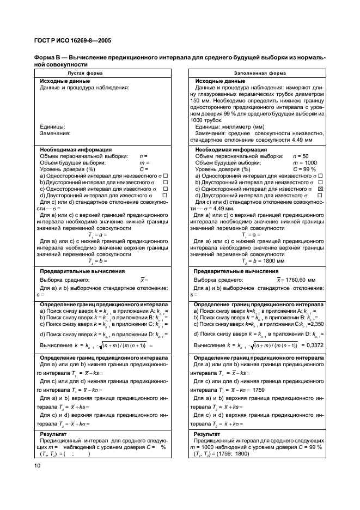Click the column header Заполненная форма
tap(256, 72)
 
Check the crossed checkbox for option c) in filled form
tap(320, 189)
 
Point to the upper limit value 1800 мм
tap(260, 261)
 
